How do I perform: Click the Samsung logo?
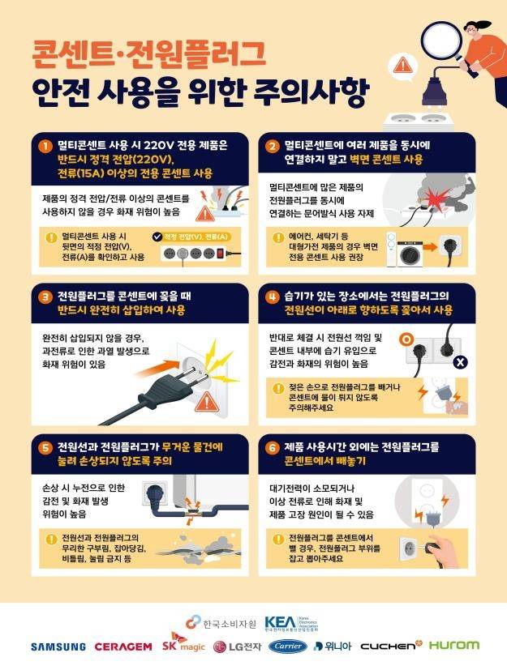click(58, 647)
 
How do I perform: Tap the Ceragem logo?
click(122, 647)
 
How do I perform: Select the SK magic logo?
click(182, 646)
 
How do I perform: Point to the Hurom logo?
click(453, 646)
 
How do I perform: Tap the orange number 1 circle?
click(46, 146)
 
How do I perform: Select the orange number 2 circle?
click(273, 146)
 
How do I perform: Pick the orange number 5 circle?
click(46, 447)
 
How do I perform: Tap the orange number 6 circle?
click(273, 447)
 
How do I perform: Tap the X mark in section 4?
click(460, 361)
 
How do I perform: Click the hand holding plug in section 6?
click(436, 544)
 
